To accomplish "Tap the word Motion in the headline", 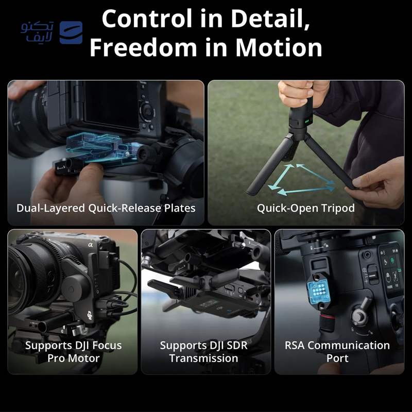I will point(279,48).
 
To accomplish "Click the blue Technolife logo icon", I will point(71,32).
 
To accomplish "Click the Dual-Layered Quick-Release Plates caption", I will point(106,209).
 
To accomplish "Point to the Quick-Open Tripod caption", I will point(306,209).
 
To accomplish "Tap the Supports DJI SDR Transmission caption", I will point(204,351).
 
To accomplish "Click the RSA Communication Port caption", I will point(337,351).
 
